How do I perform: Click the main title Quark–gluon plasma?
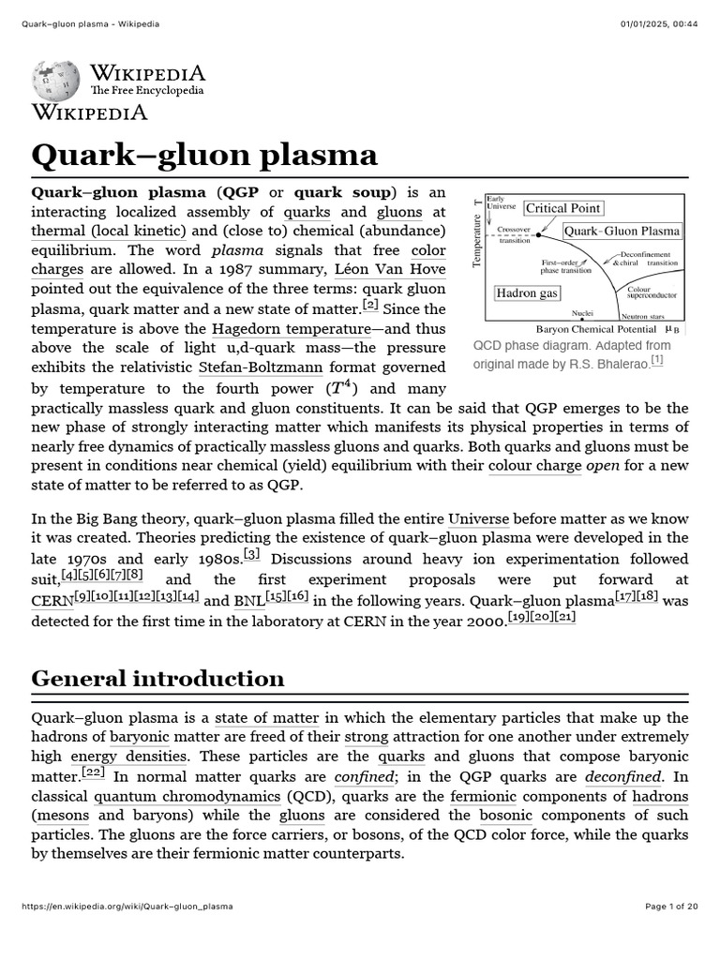click(204, 155)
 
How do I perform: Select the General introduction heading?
click(157, 678)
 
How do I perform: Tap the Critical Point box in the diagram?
click(562, 208)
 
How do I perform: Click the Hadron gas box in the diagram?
click(527, 293)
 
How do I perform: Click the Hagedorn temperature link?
click(292, 329)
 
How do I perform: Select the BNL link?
click(248, 601)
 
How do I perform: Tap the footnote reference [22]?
click(93, 772)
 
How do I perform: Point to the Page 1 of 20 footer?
click(671, 907)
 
